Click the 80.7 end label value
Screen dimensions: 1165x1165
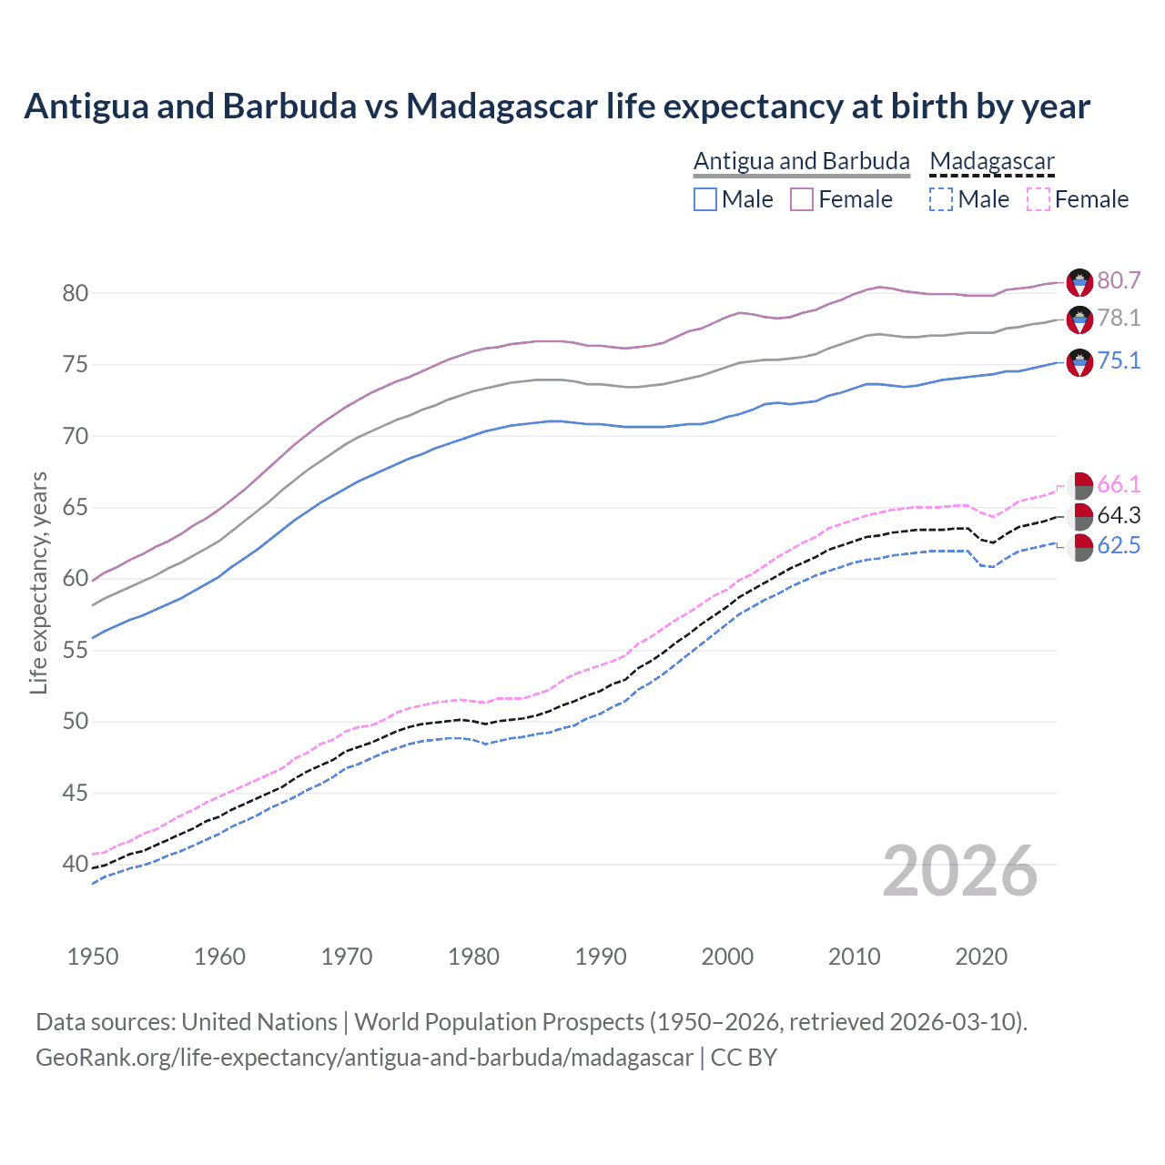(x=1119, y=280)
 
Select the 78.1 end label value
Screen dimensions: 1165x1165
(x=1119, y=318)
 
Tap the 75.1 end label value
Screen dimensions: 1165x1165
(x=1119, y=360)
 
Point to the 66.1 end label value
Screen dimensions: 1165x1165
(x=1119, y=484)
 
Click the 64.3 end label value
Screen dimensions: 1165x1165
(x=1119, y=515)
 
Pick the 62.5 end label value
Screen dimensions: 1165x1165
(x=1119, y=545)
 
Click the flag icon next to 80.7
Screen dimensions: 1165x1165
(x=1079, y=282)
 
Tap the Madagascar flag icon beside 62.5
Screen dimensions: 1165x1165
(x=1079, y=547)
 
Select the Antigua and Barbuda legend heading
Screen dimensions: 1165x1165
(x=801, y=161)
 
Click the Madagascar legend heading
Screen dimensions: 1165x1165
(x=991, y=161)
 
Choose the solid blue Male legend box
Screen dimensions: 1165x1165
(x=705, y=199)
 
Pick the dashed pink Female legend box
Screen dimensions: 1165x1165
(x=1038, y=199)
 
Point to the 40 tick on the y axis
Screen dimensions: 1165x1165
(x=75, y=864)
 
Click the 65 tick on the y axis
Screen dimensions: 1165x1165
(x=75, y=507)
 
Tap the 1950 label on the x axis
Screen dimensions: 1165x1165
(x=93, y=957)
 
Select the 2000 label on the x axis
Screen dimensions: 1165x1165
(x=727, y=957)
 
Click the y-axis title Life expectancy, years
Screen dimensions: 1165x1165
(x=38, y=582)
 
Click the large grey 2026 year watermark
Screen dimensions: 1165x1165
(x=959, y=871)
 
